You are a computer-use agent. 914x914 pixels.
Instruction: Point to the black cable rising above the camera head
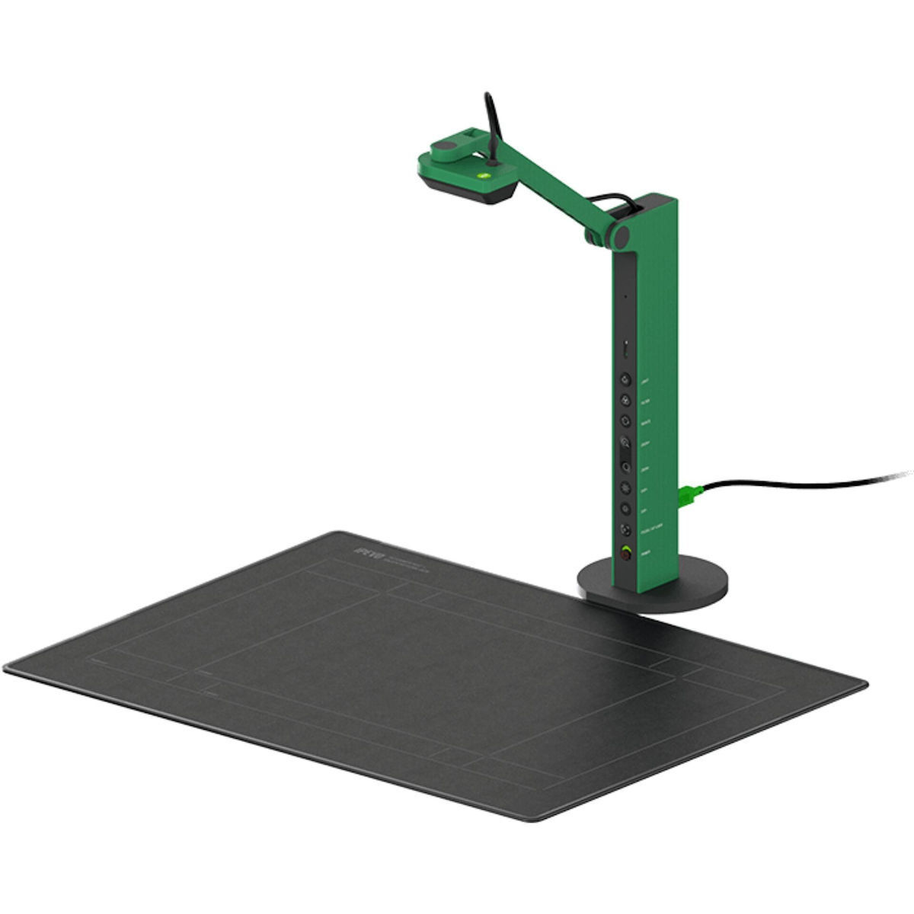click(490, 122)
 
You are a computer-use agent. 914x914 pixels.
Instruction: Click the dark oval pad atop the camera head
click(446, 144)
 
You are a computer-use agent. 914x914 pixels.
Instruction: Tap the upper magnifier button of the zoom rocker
click(625, 442)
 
